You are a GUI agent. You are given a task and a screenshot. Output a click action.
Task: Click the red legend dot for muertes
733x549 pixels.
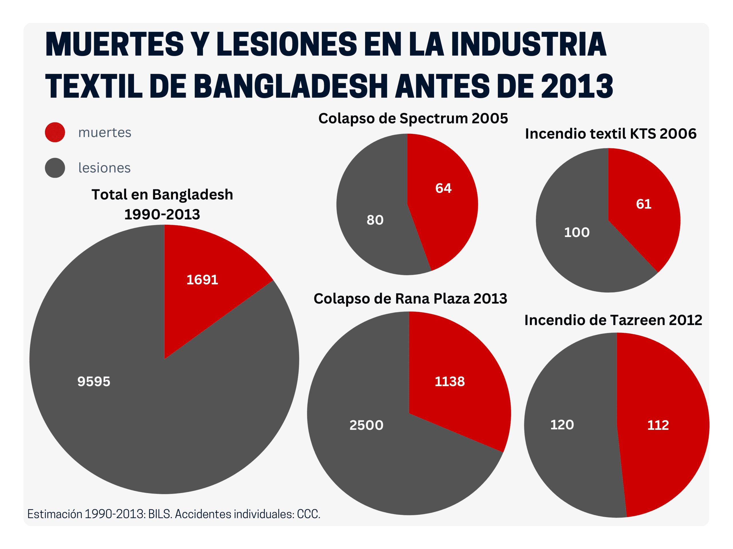click(55, 132)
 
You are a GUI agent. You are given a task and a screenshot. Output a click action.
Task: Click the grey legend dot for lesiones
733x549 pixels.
click(55, 168)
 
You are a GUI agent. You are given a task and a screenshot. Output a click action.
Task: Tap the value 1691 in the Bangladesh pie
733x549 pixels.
click(202, 280)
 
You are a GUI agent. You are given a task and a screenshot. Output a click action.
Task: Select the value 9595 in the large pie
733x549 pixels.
click(94, 381)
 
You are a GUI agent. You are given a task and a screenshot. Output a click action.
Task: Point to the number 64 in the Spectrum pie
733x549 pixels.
click(443, 188)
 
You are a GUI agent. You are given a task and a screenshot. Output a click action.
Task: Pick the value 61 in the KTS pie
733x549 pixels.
click(644, 204)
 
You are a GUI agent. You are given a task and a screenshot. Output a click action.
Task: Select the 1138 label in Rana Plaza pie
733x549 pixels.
click(450, 381)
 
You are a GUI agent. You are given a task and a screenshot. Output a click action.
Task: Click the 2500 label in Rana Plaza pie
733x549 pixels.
click(366, 425)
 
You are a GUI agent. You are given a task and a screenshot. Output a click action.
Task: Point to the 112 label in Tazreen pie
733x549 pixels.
click(658, 425)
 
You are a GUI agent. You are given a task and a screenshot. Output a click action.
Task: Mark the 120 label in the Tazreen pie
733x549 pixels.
click(562, 425)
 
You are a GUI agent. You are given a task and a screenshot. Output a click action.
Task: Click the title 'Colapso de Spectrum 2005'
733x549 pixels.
click(413, 118)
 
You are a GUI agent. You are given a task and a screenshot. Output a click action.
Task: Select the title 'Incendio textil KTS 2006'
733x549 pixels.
click(611, 134)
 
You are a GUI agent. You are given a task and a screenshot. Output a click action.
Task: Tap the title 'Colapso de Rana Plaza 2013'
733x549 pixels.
click(410, 299)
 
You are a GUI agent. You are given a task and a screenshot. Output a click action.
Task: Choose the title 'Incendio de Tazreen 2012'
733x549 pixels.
click(613, 320)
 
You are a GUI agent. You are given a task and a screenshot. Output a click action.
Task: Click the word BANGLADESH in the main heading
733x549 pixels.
click(290, 86)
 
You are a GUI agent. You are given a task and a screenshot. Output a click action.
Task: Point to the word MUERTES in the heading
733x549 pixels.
click(114, 44)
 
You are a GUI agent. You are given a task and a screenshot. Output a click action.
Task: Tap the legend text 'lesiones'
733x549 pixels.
click(105, 168)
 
